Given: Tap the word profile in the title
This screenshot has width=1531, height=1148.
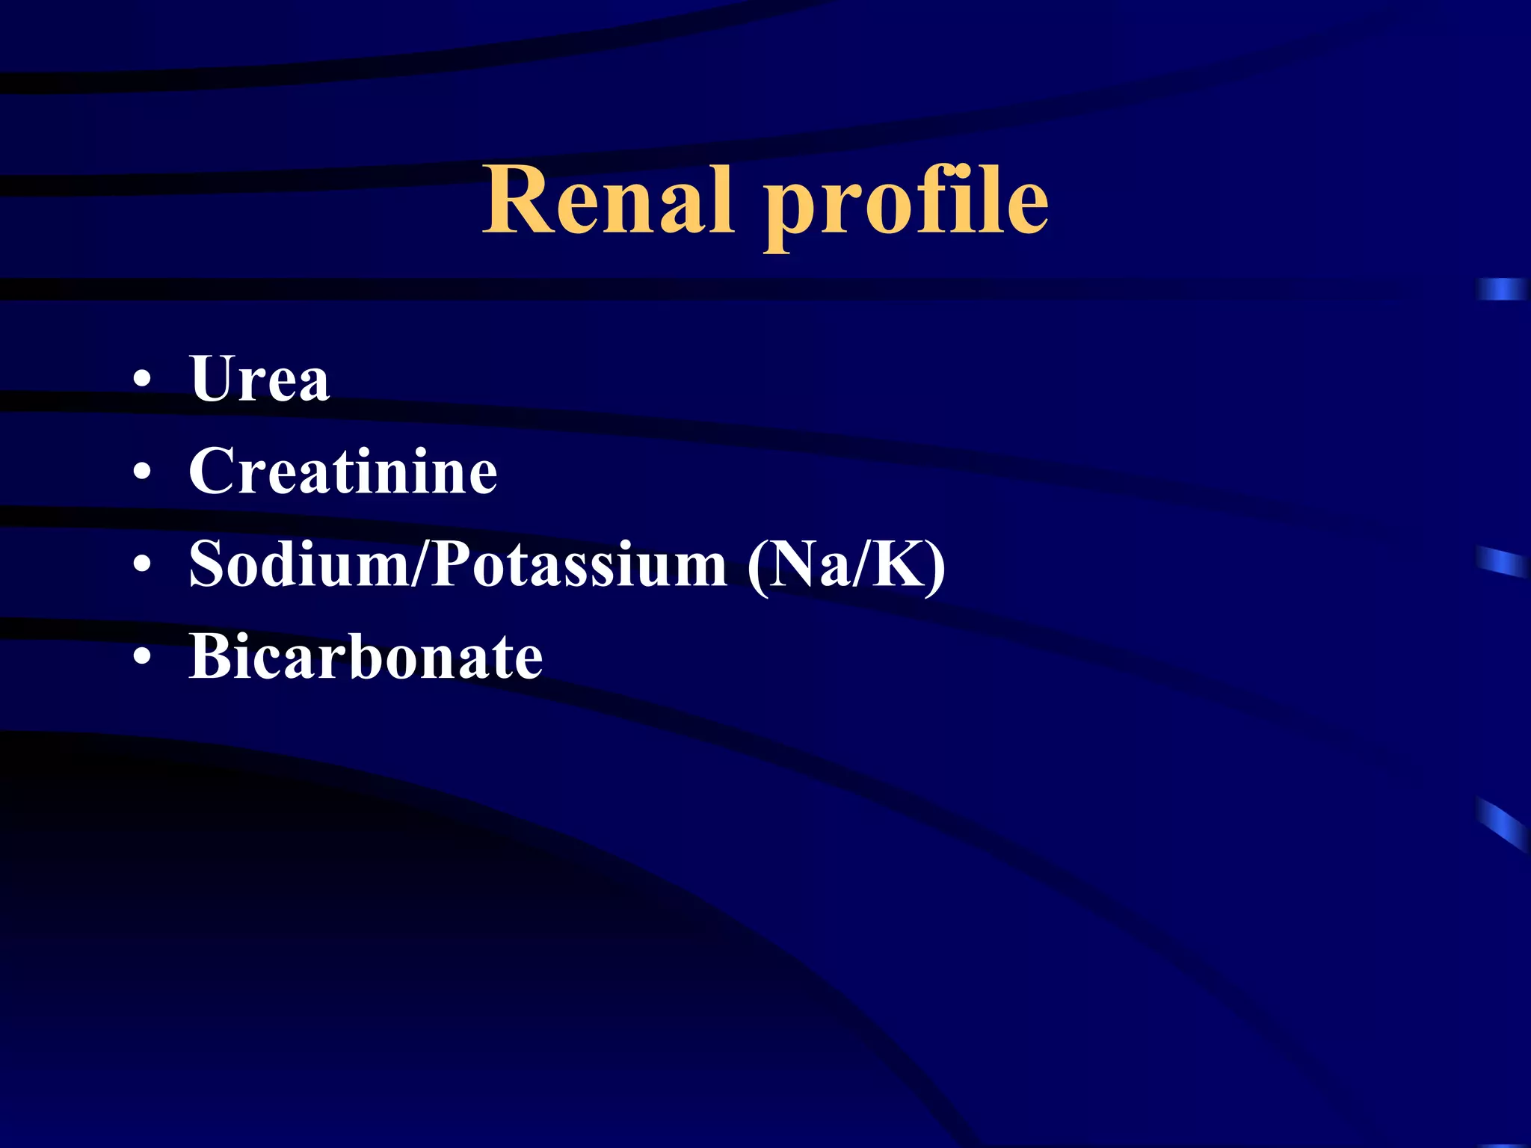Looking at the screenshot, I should (x=906, y=206).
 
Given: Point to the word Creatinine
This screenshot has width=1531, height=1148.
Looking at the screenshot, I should (x=343, y=471).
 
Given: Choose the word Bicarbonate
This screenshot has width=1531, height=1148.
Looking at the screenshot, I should (x=366, y=656).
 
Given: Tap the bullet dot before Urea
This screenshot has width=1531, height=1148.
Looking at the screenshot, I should (x=142, y=380).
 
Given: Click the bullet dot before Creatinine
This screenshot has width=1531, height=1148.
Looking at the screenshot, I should (x=142, y=472).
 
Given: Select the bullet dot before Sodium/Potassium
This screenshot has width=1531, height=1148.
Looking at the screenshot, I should (x=142, y=565).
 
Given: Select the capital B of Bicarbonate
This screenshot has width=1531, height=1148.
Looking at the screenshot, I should (x=213, y=656).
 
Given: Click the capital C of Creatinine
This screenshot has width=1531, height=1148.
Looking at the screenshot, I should (x=213, y=471).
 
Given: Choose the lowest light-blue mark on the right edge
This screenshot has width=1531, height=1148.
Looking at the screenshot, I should (x=1503, y=822).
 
